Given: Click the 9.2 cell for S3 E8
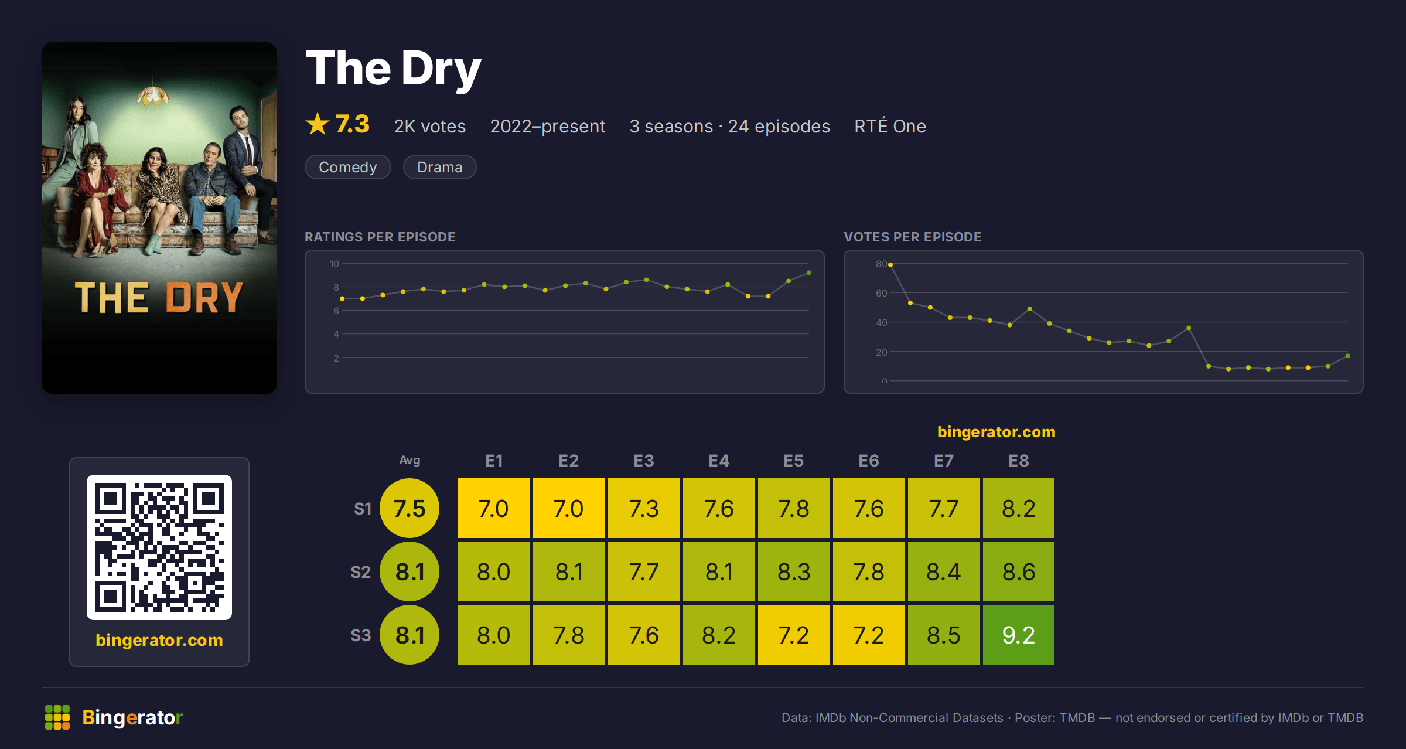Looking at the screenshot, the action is pos(1018,635).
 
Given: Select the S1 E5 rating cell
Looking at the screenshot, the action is pos(793,508).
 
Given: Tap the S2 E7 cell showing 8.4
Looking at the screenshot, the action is pos(943,571).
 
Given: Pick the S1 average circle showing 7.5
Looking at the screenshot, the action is pos(409,508).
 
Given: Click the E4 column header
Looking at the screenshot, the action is pos(719,461).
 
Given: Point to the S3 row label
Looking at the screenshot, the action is pos(361,635).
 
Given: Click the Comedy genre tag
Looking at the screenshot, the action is pos(348,167).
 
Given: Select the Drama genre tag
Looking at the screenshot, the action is pos(440,167).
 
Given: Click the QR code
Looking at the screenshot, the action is pos(159,547).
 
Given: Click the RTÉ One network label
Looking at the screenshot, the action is pos(890,126).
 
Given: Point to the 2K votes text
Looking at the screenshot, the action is pos(430,126).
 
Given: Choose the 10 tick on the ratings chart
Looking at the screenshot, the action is pos(335,264).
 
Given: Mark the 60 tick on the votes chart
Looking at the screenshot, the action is pos(882,293).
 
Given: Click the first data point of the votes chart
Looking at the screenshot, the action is pos(890,265).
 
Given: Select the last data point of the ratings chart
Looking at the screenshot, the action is pos(809,273).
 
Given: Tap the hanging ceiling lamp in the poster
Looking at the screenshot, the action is pos(153,94).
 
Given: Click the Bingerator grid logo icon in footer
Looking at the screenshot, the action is pos(57,717).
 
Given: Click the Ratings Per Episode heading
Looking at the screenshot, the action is pos(380,237).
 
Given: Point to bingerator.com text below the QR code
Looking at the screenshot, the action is pos(159,640).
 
